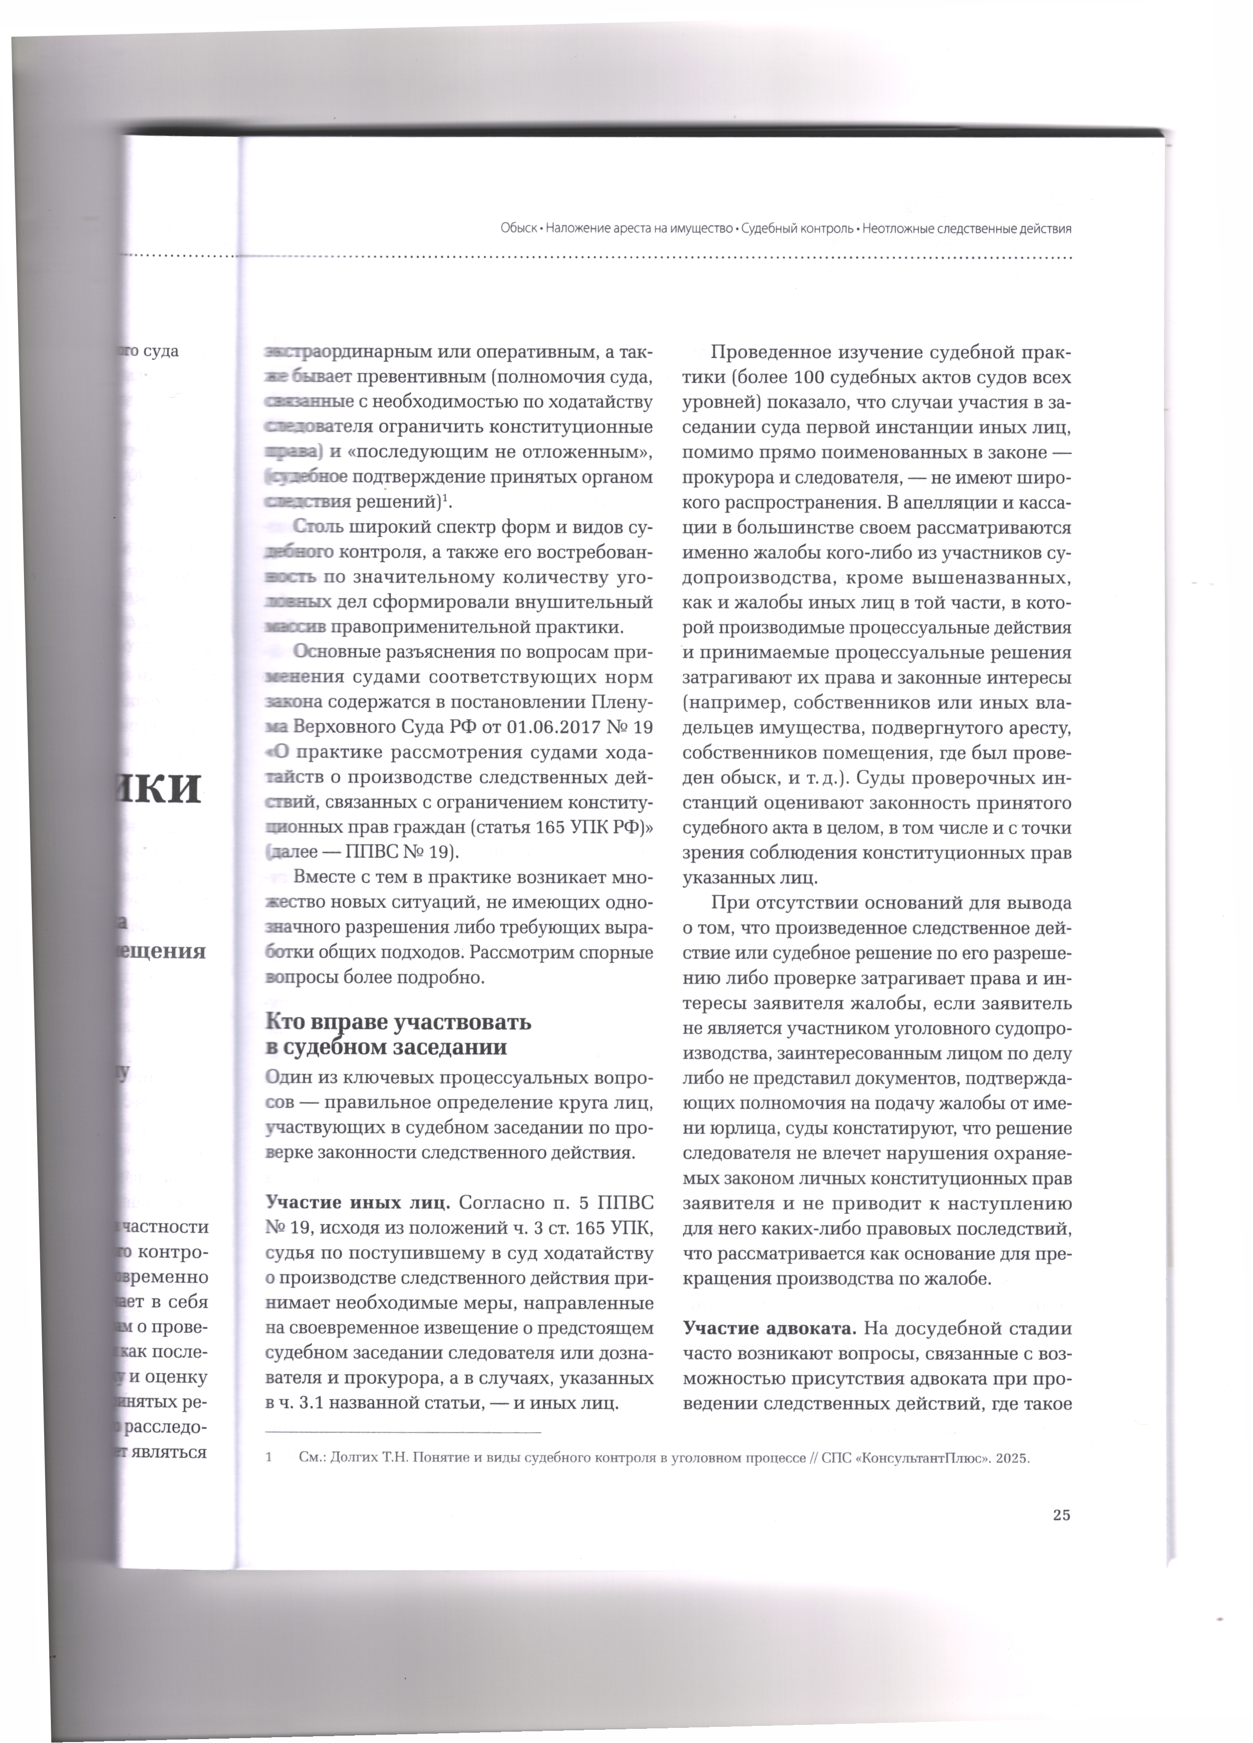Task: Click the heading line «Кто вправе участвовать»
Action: [x=398, y=1022]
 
